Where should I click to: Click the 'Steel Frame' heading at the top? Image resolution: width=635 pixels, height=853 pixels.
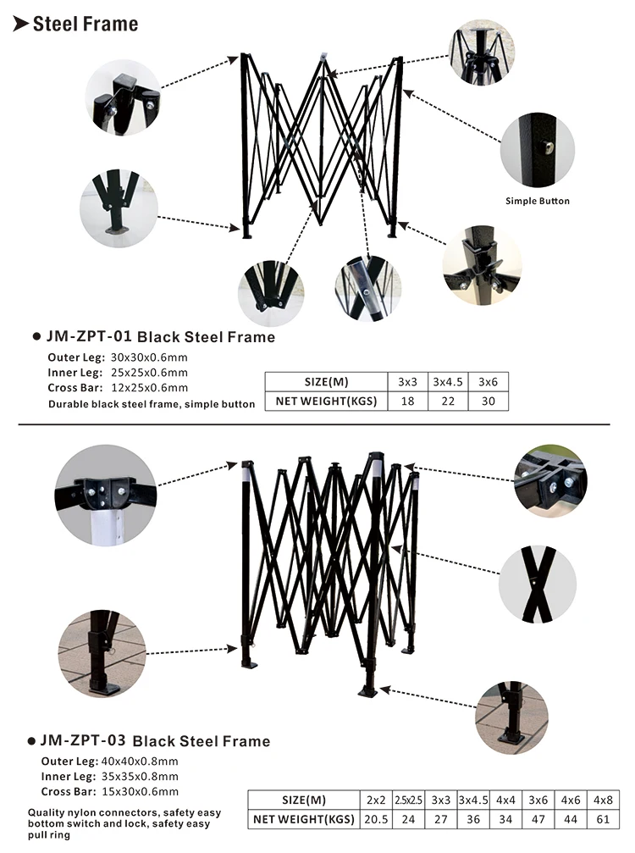tap(86, 24)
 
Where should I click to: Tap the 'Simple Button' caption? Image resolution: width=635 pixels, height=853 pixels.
tap(537, 201)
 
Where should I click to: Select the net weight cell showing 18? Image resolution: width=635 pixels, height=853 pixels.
tap(407, 401)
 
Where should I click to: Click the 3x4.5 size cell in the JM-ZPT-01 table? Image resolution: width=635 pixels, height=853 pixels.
tap(447, 382)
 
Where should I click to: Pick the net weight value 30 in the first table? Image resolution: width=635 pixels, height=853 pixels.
tap(489, 401)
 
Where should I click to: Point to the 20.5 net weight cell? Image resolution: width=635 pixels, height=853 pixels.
tap(376, 819)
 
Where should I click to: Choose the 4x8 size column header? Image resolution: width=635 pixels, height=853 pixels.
tap(603, 800)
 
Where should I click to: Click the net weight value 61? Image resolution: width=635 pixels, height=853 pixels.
tap(603, 819)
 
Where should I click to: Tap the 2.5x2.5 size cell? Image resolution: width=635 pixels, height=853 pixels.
tap(408, 800)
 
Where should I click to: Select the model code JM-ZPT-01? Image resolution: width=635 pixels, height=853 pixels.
tap(89, 336)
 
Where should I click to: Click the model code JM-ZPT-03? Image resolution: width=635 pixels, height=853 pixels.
tap(83, 740)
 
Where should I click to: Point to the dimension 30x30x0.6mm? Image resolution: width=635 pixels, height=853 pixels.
tap(149, 357)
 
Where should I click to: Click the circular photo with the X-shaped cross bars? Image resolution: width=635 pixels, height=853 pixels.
tap(537, 584)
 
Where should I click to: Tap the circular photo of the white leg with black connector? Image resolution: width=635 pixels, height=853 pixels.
tap(106, 496)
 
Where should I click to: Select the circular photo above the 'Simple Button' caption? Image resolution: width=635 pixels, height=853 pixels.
tap(537, 150)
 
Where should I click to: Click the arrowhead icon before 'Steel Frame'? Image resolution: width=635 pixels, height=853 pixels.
tap(20, 24)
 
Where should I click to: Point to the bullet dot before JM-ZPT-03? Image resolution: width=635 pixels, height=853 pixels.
tap(31, 741)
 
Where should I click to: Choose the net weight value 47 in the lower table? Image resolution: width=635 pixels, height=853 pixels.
tap(538, 819)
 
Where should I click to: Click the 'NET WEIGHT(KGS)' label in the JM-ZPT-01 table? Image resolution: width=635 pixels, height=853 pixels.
tap(326, 401)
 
